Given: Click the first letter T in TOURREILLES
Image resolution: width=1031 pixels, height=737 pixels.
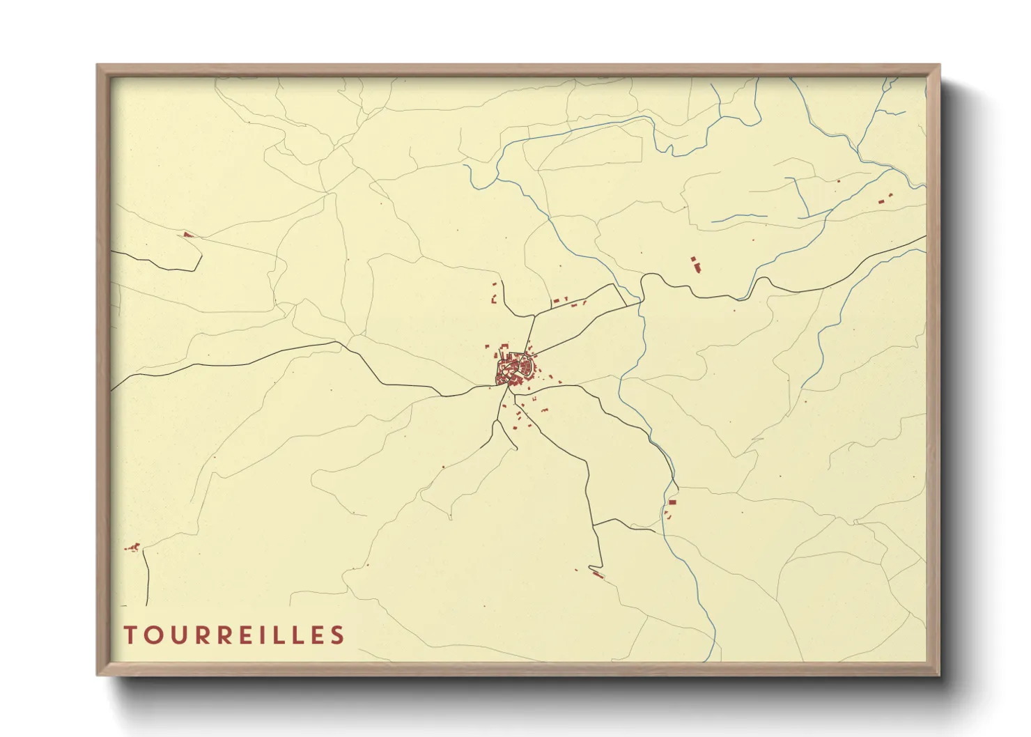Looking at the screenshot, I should pos(130,635).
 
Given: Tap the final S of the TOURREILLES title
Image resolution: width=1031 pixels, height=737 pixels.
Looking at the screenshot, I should pos(338,635).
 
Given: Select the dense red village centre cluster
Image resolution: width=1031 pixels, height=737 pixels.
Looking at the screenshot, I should pos(514,369).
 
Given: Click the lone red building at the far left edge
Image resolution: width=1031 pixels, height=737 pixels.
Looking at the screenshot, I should pos(187,235).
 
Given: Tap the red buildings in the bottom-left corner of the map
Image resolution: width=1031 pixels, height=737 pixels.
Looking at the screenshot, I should pos(132,547).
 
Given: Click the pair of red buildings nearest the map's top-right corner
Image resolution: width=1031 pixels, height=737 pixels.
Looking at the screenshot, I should pos(885,199).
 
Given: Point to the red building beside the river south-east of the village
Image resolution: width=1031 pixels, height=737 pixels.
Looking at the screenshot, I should pos(672,502).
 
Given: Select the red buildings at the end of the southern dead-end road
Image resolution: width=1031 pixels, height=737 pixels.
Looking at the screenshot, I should pos(597,574).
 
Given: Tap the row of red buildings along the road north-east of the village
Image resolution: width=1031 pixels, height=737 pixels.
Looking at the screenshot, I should pos(568,301).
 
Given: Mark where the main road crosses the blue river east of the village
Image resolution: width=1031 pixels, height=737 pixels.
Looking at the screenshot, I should pos(640,301).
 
